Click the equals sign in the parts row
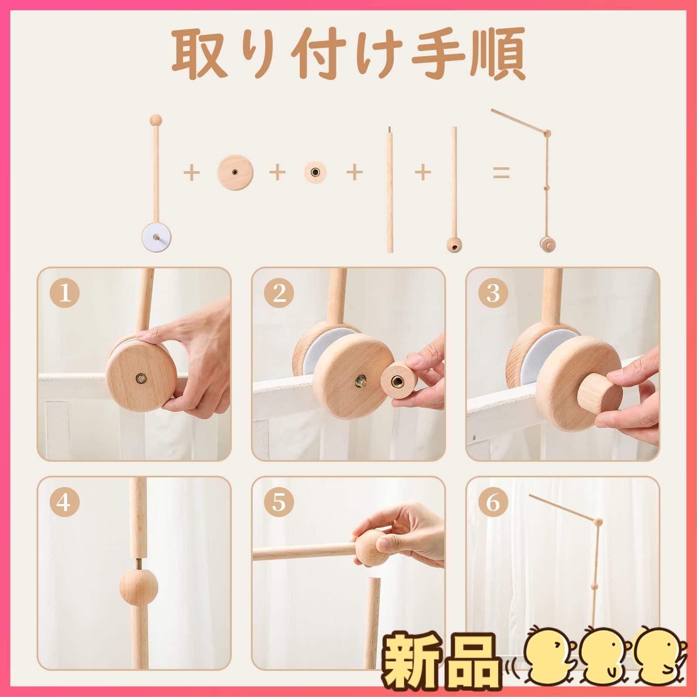(501, 173)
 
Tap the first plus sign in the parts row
(191, 173)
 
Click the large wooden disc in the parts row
(235, 172)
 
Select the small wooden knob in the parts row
(316, 172)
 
